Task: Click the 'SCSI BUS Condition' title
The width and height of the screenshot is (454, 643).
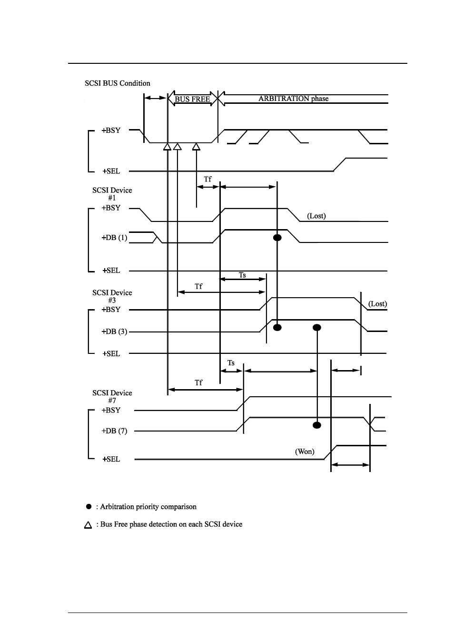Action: point(117,83)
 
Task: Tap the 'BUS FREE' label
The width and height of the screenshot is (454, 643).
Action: point(192,99)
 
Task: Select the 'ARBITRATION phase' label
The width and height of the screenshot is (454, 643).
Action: point(294,99)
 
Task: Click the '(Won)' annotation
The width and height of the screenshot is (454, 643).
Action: point(305,452)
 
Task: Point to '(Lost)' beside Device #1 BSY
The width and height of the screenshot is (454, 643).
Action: point(316,216)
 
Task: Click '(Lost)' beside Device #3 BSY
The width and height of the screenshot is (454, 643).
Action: point(377,304)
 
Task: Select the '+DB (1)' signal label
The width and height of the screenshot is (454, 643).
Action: point(114,238)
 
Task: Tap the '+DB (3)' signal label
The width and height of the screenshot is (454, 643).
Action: point(114,332)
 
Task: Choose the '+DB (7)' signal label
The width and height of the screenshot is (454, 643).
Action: point(114,431)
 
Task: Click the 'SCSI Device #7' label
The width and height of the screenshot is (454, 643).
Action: point(112,396)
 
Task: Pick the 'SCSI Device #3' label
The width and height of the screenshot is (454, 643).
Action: point(112,296)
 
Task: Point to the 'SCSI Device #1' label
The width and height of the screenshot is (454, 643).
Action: point(112,194)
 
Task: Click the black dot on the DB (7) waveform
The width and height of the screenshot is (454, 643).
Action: point(316,425)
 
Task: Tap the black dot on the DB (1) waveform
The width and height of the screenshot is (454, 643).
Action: point(277,238)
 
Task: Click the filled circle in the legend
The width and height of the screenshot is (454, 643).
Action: point(89,507)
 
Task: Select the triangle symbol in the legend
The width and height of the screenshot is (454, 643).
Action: point(88,525)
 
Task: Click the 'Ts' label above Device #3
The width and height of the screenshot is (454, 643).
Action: point(242,275)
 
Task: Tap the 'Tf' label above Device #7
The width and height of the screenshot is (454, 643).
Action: point(198,382)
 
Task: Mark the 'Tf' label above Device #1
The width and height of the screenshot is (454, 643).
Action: point(207,179)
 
